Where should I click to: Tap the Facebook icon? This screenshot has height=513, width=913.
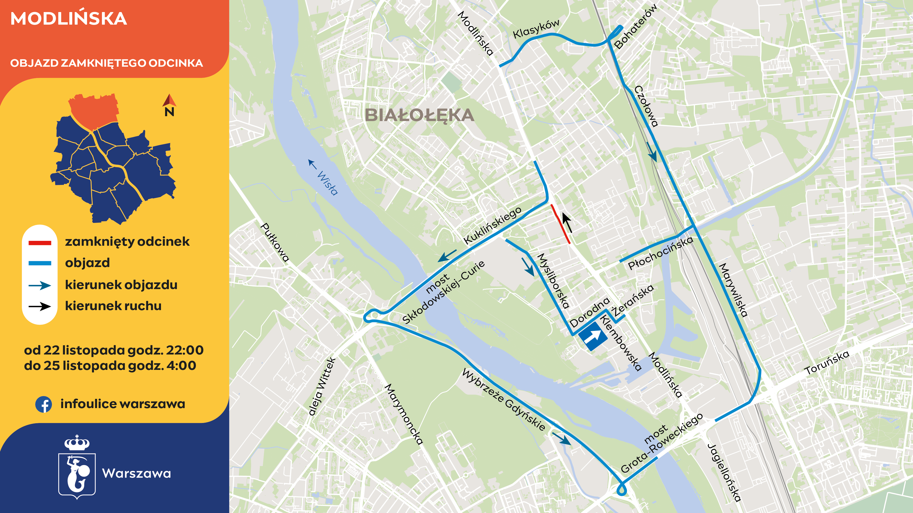(44, 404)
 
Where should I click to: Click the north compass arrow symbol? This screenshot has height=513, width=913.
(169, 101)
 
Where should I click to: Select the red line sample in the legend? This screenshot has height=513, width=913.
(40, 243)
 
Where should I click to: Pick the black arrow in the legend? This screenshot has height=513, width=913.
(40, 306)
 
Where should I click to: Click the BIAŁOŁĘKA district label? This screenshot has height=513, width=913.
(419, 115)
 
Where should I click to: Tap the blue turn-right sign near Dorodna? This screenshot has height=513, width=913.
(592, 336)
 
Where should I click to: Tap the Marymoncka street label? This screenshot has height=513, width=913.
(404, 414)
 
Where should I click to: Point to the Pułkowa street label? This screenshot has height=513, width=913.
(275, 242)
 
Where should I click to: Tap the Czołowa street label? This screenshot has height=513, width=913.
(646, 106)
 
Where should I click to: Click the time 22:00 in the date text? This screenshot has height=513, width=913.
(185, 350)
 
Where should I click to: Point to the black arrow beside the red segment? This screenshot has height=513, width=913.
(567, 222)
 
